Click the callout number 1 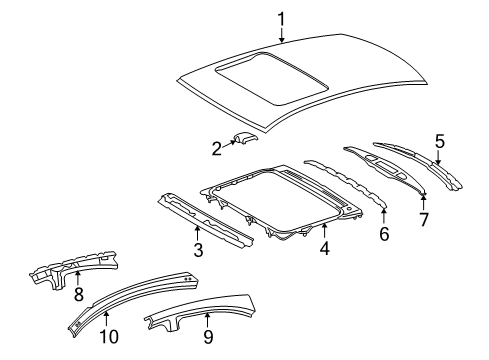[281, 17]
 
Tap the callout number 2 [217, 148]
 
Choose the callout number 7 [423, 217]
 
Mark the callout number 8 [78, 295]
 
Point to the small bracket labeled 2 [244, 142]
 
